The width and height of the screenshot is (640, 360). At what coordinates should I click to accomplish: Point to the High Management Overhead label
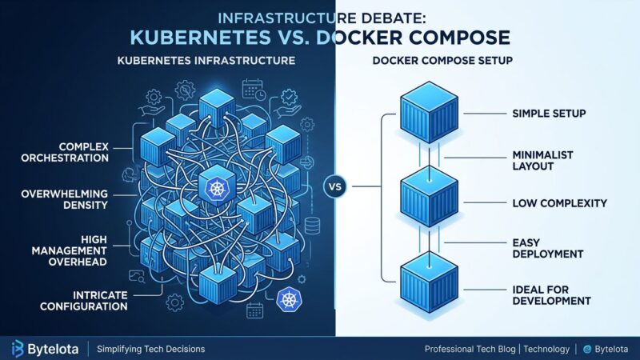pyautogui.click(x=77, y=250)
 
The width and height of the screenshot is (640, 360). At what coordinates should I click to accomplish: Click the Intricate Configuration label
pyautogui.click(x=77, y=300)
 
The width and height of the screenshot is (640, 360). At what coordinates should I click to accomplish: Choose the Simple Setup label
pyautogui.click(x=548, y=114)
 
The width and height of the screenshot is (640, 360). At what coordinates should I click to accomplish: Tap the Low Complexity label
pyautogui.click(x=558, y=203)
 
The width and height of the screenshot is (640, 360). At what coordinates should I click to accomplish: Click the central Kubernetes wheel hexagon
pyautogui.click(x=217, y=189)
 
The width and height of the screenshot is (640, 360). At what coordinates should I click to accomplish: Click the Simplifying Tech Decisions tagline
pyautogui.click(x=150, y=349)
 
